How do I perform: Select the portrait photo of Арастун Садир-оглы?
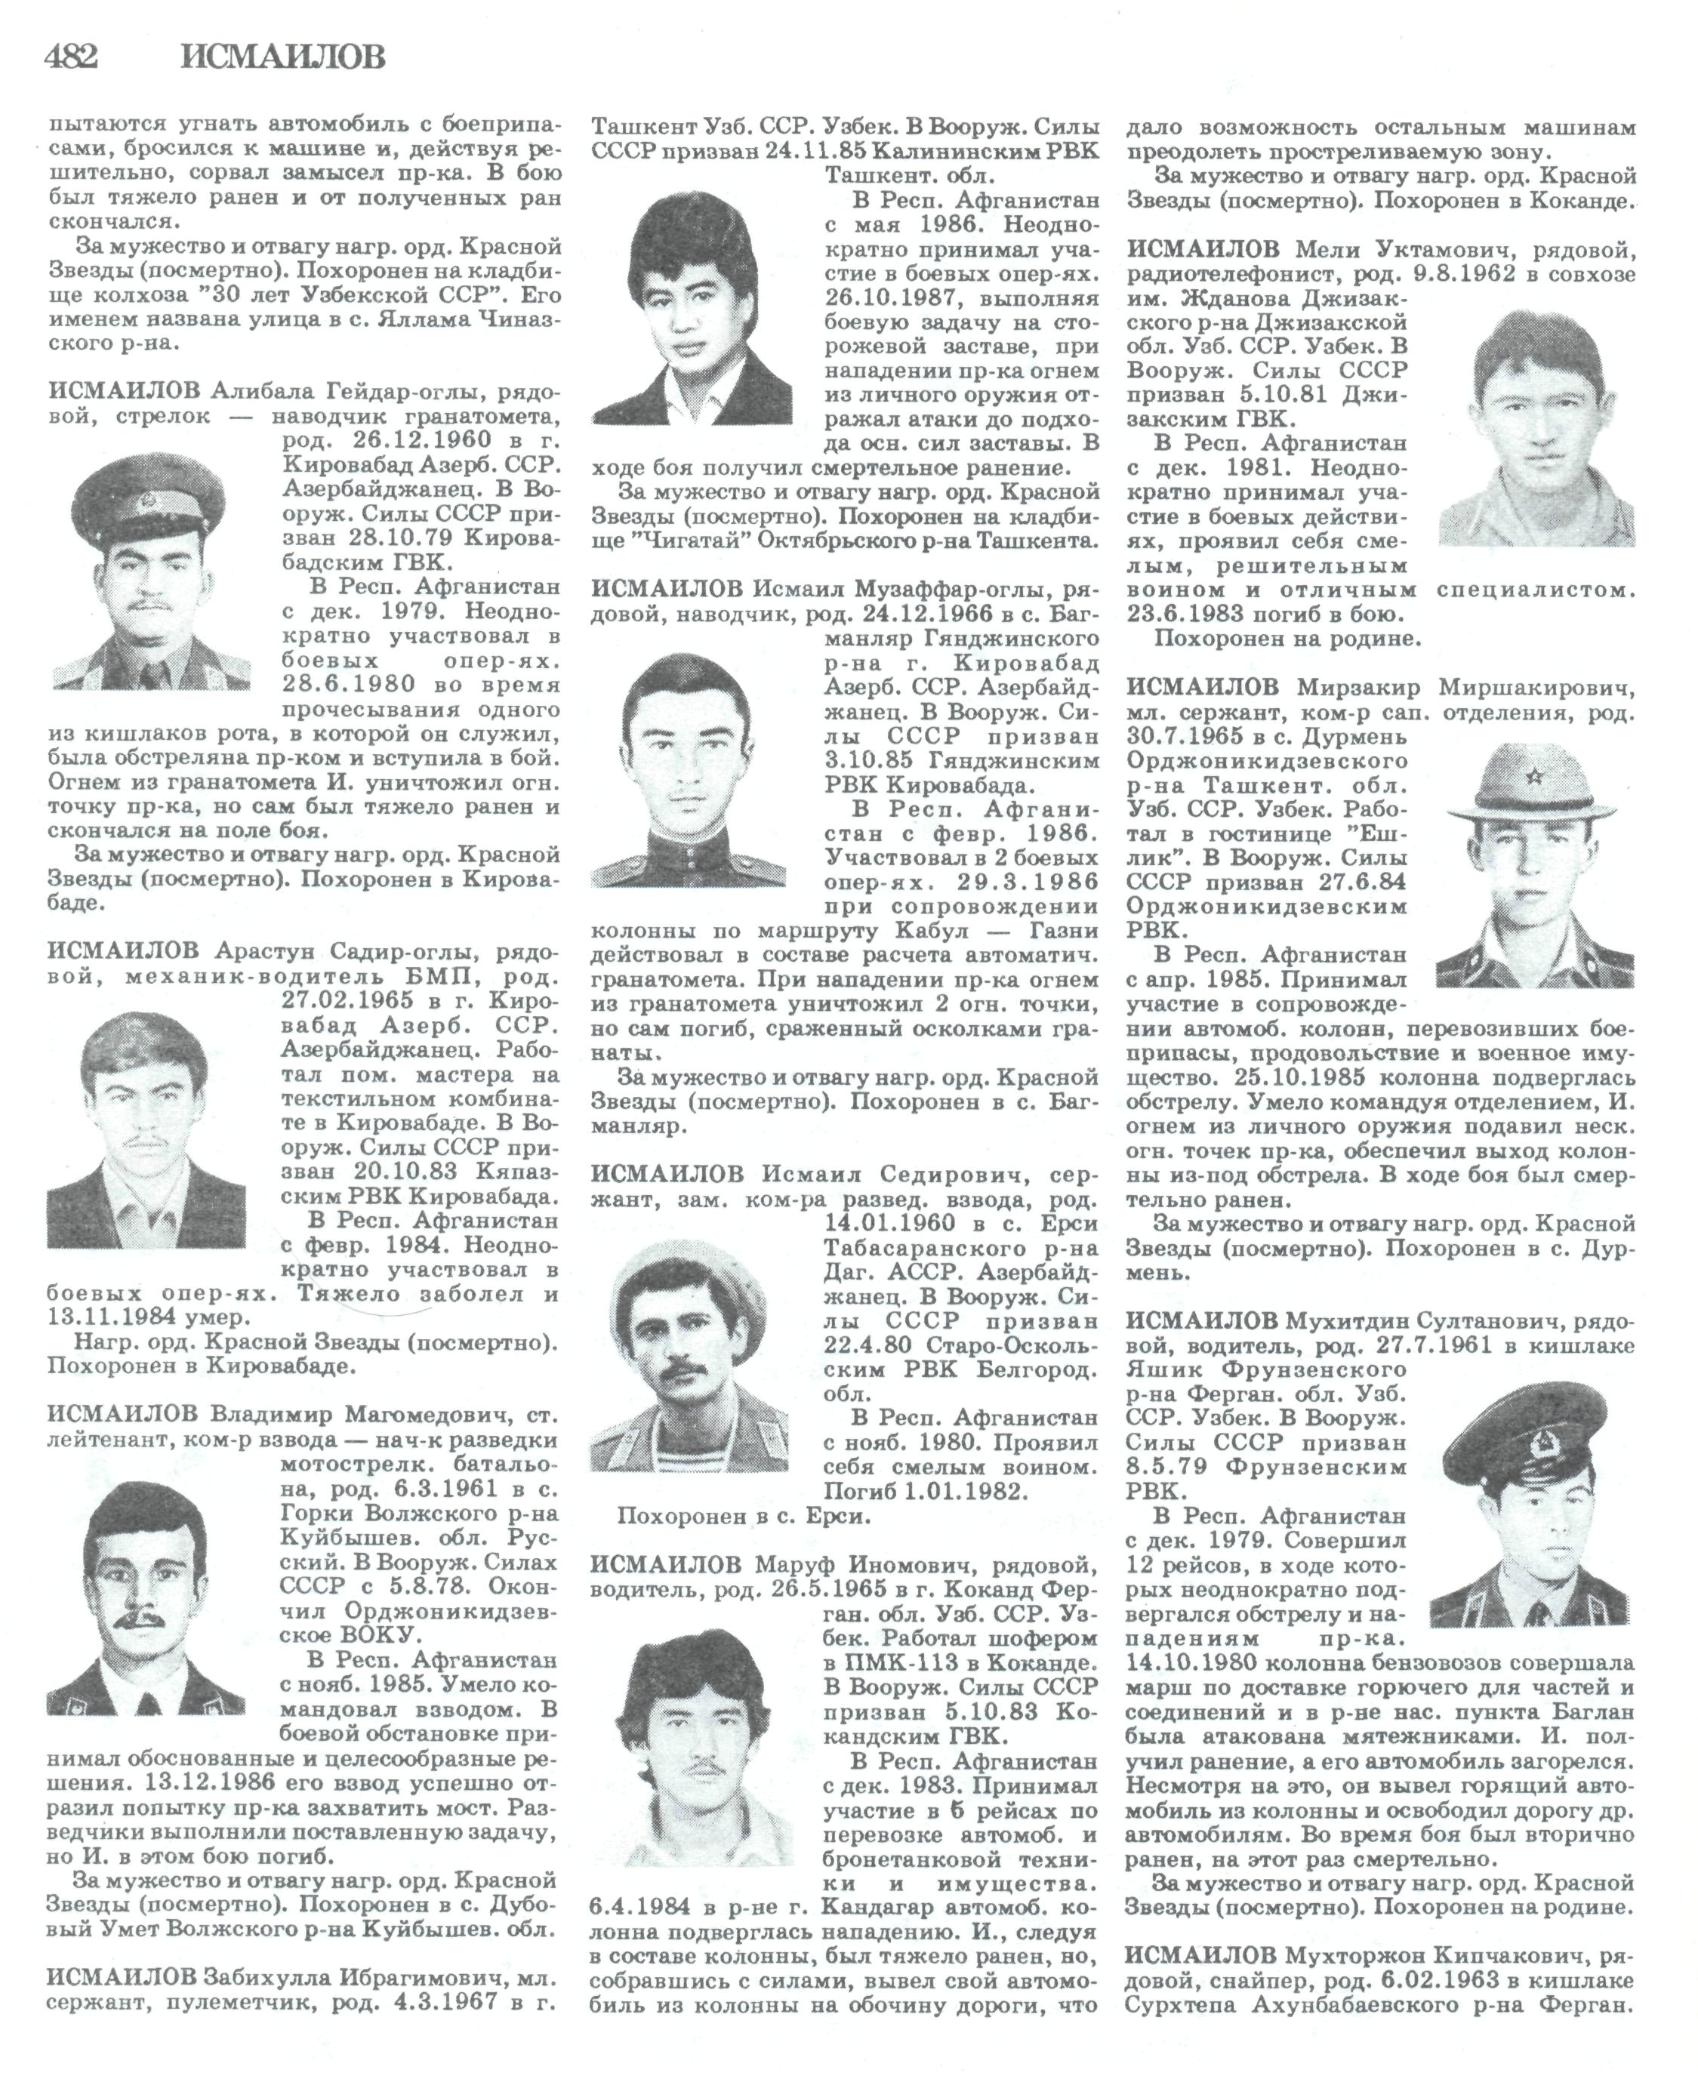point(146,1129)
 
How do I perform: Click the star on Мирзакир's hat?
point(1533,778)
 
